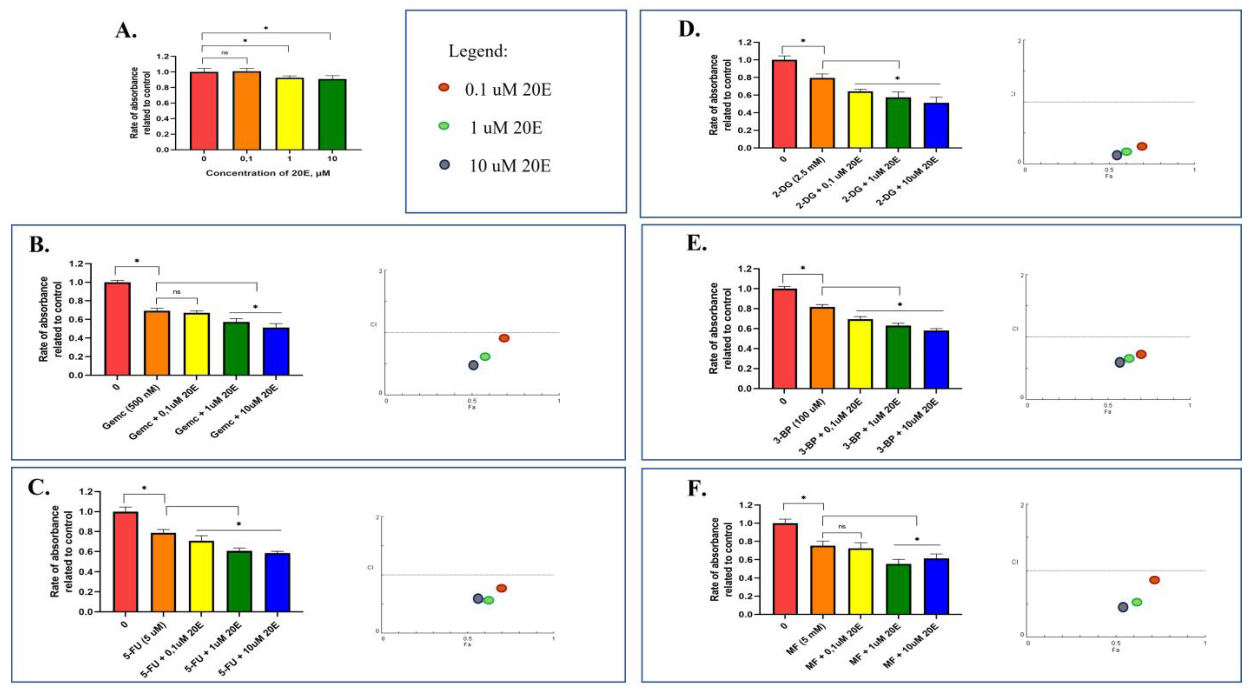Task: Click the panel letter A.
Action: tap(125, 31)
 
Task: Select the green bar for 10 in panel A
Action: tap(333, 114)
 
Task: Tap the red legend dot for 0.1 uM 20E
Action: tap(444, 87)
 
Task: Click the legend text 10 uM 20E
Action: tap(509, 166)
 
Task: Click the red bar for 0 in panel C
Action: tap(125, 561)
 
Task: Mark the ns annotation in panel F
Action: tap(842, 526)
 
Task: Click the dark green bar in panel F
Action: tap(898, 589)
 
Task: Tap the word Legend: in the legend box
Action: tap(478, 51)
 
